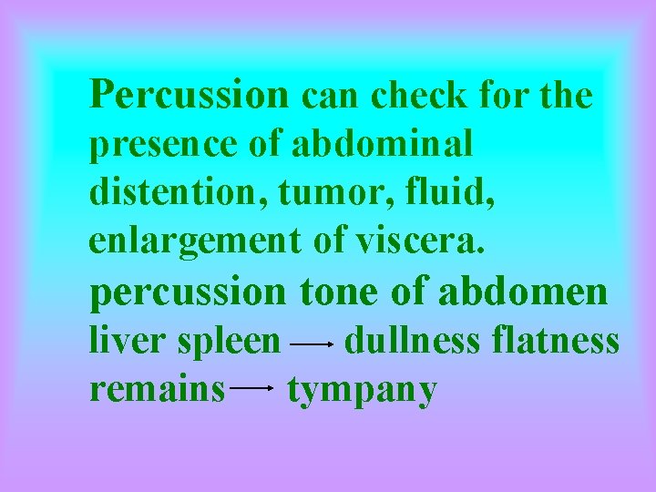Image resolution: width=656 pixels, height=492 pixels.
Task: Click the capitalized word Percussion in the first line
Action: (x=190, y=94)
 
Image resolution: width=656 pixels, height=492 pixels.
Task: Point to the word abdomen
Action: (x=522, y=292)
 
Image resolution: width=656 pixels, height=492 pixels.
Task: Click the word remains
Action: (x=157, y=389)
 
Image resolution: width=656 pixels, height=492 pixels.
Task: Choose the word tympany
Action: (x=362, y=391)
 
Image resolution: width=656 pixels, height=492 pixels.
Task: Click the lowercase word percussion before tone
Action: (x=188, y=292)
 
